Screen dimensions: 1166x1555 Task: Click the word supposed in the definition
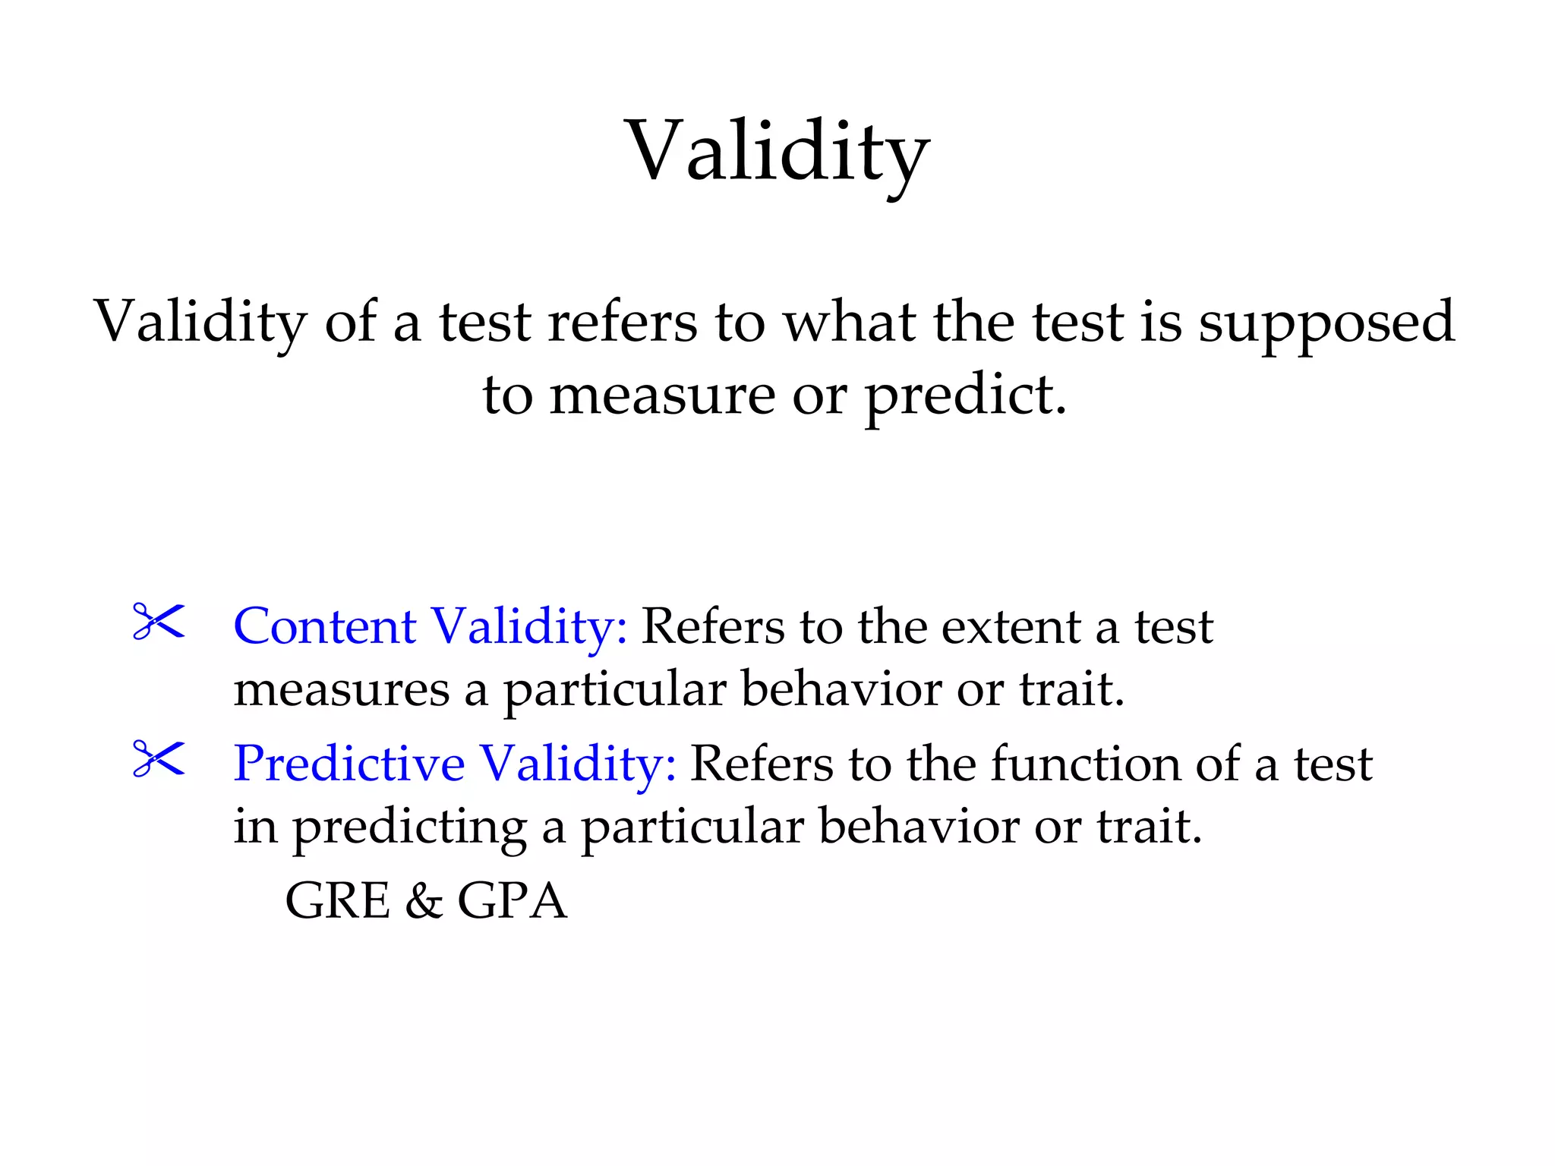coord(1326,322)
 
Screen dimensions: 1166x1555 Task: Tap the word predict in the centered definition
coord(965,396)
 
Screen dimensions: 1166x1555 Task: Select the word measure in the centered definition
coord(661,396)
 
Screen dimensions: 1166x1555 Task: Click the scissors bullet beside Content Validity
coord(159,622)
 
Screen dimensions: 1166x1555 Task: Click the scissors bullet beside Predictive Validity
coord(159,759)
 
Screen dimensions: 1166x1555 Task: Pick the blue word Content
coord(324,627)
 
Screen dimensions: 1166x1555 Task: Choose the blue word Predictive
coord(349,764)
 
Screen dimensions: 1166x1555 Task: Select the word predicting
coord(410,827)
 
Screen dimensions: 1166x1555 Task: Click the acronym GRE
coord(337,901)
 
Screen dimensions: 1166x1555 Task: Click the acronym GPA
coord(512,901)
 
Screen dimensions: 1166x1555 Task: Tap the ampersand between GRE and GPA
coord(424,901)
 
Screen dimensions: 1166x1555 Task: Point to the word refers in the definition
coord(622,322)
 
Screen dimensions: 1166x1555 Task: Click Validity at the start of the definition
coord(200,322)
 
